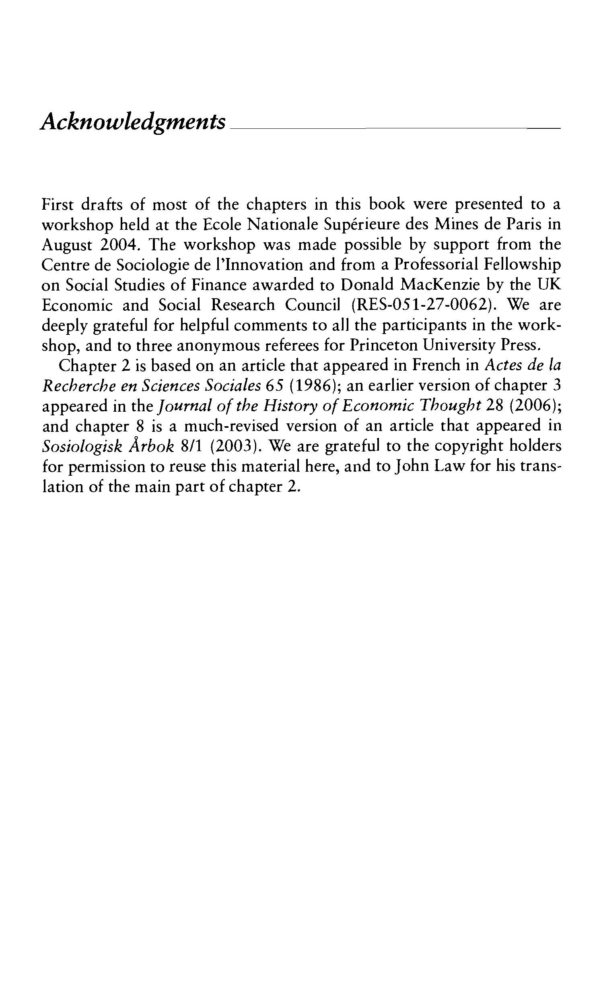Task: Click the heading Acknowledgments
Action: tap(133, 122)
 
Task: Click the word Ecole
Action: tap(222, 225)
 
